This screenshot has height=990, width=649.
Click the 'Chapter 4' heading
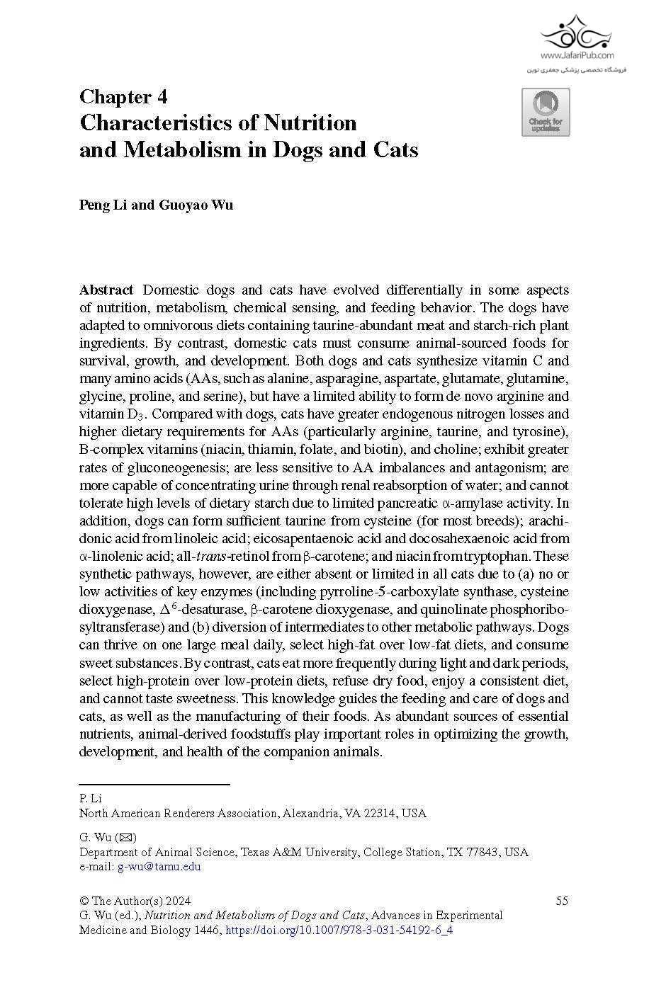123,97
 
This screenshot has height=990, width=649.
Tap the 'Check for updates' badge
546,112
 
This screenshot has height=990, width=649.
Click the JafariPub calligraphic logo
575,31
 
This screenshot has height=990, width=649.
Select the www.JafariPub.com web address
577,55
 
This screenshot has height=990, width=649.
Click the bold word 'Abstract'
106,290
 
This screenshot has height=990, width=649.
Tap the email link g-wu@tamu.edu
159,867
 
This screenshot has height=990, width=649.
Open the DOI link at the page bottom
339,931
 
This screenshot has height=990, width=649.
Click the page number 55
562,901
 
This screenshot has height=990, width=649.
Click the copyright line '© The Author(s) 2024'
135,901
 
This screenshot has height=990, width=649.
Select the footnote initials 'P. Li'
90,799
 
